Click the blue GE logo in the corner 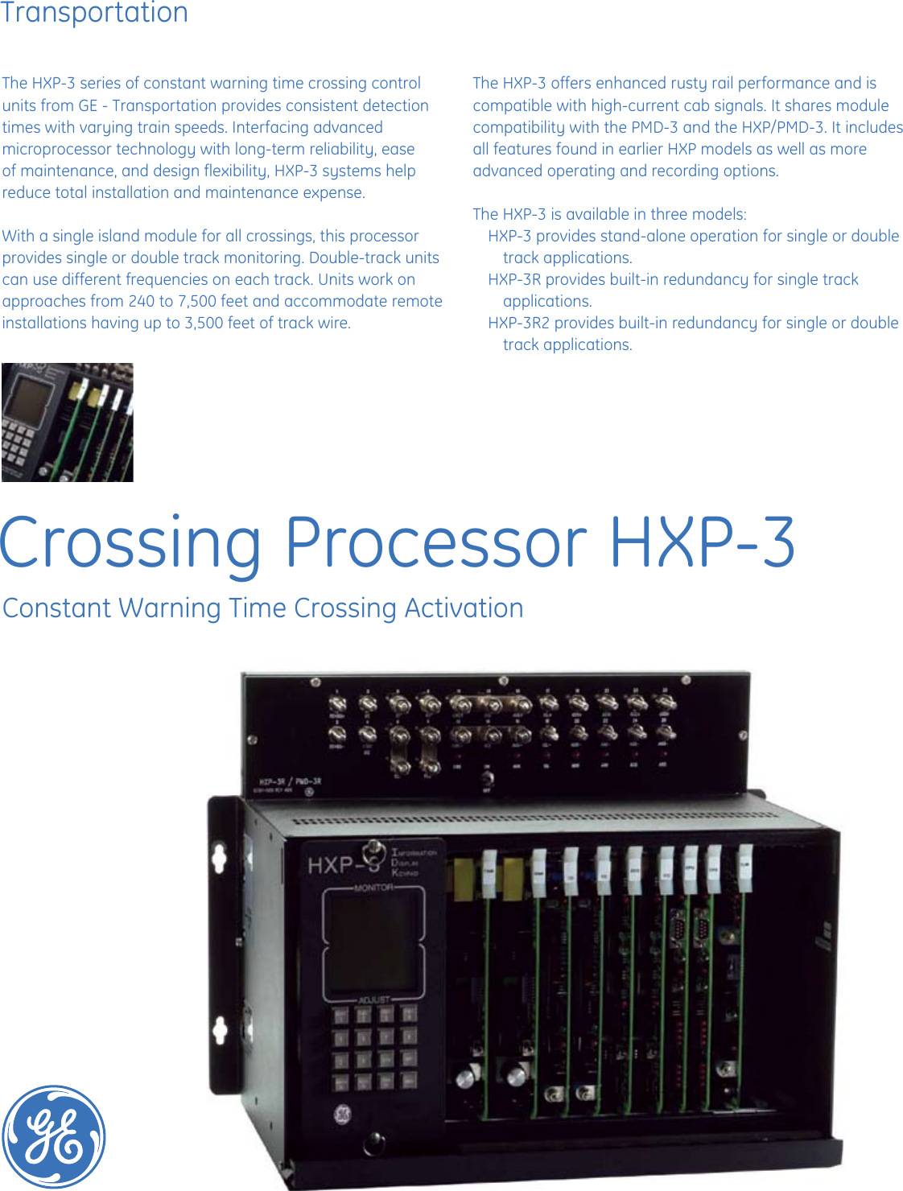click(x=54, y=1135)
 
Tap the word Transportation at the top click(x=94, y=13)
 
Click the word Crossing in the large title click(x=131, y=543)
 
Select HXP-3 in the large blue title click(x=703, y=543)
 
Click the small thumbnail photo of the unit click(x=68, y=422)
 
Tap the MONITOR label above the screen click(x=374, y=888)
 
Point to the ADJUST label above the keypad click(x=374, y=999)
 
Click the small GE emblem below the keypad click(x=343, y=1115)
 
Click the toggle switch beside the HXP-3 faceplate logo click(x=373, y=851)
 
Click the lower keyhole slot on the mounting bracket click(x=220, y=1029)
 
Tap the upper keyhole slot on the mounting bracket click(x=218, y=856)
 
